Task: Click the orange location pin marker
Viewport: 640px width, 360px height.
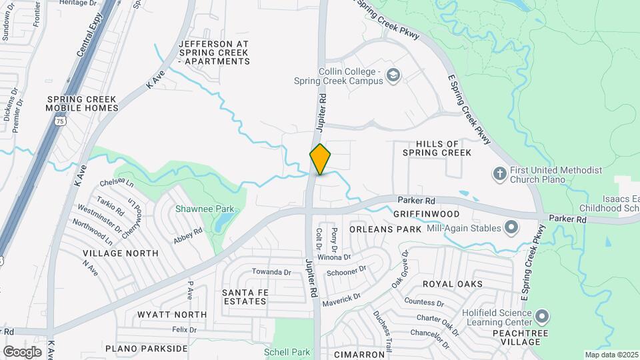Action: (320, 159)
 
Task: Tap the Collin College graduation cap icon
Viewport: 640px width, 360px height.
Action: (393, 75)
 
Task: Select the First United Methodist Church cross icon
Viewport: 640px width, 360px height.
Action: (499, 175)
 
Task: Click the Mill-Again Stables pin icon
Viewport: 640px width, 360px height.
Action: (511, 229)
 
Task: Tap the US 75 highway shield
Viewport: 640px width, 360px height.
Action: (61, 121)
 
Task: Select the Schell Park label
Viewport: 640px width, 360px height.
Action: (287, 352)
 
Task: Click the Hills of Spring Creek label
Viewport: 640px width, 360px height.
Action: (437, 148)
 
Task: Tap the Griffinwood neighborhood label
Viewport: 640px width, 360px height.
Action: (426, 214)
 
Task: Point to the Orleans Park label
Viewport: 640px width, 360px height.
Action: (385, 229)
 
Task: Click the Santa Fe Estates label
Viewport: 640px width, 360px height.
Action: (244, 297)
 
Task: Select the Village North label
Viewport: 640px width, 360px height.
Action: (121, 253)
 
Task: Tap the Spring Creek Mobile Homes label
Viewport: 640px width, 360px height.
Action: (83, 103)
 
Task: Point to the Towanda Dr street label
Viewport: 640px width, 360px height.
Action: (271, 272)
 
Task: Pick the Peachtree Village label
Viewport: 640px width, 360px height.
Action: (515, 337)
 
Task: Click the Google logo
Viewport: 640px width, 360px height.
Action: (22, 351)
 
